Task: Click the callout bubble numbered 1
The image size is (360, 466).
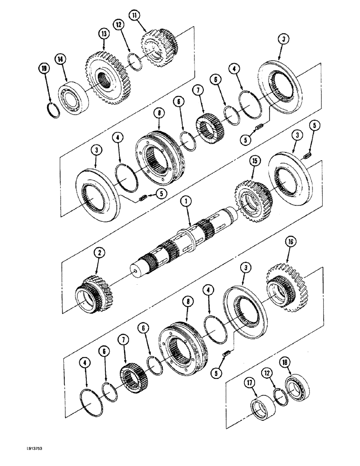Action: point(186,202)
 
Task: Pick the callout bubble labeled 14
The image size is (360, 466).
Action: point(60,59)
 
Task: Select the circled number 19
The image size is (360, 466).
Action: point(44,69)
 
